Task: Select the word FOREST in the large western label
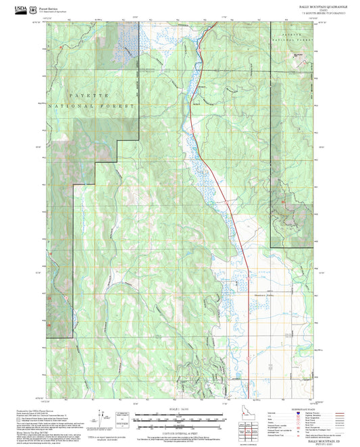click(122, 107)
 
